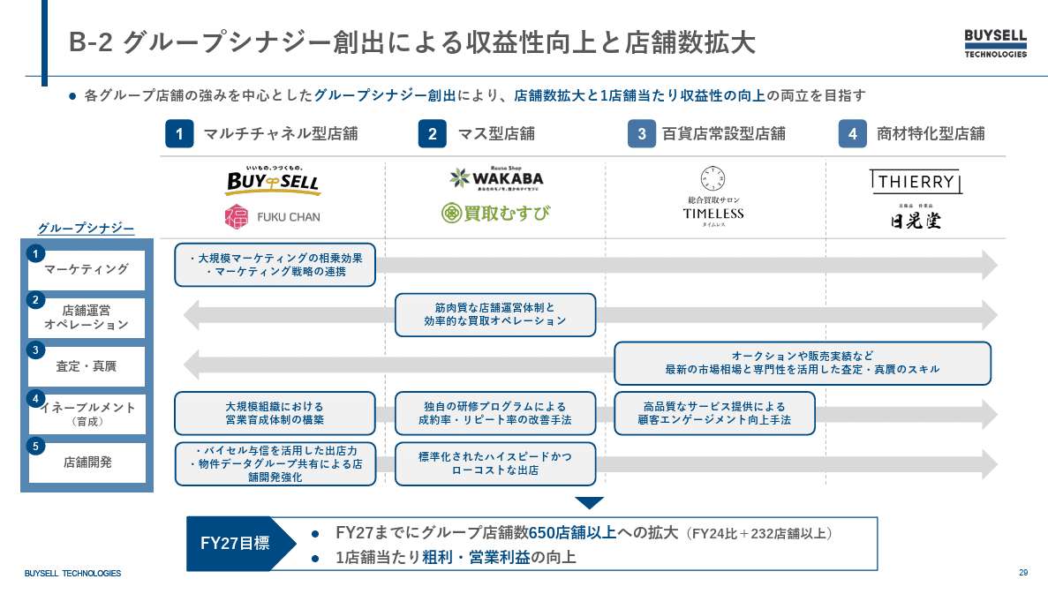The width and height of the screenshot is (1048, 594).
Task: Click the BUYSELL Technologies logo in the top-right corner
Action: pyautogui.click(x=995, y=43)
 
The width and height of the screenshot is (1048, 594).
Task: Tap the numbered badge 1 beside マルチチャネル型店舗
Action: pyautogui.click(x=179, y=134)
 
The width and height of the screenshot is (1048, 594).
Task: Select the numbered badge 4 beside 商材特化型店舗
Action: pyautogui.click(x=852, y=134)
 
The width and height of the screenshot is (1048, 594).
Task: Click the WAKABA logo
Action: pyautogui.click(x=495, y=177)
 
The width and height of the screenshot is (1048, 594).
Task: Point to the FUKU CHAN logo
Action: pyautogui.click(x=273, y=216)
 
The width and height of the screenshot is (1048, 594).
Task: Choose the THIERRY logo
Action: pyautogui.click(x=915, y=182)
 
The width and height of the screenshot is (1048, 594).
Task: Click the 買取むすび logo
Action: pyautogui.click(x=495, y=213)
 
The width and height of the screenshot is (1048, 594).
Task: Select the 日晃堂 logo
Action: pyautogui.click(x=915, y=218)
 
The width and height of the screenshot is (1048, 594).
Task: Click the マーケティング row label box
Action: pyautogui.click(x=87, y=269)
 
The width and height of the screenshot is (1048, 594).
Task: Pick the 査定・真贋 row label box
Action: pyautogui.click(x=87, y=366)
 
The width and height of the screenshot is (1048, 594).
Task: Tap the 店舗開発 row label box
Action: pyautogui.click(x=87, y=462)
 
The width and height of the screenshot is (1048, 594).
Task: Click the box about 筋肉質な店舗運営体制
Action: pyautogui.click(x=495, y=315)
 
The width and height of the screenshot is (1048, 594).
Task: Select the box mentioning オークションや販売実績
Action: pyautogui.click(x=802, y=363)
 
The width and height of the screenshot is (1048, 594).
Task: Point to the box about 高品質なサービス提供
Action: pyautogui.click(x=714, y=413)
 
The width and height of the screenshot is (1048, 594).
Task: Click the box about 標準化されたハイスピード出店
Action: pyautogui.click(x=495, y=463)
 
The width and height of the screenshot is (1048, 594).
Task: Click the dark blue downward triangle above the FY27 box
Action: pyautogui.click(x=589, y=503)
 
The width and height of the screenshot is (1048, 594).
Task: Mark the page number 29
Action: pyautogui.click(x=1023, y=573)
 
